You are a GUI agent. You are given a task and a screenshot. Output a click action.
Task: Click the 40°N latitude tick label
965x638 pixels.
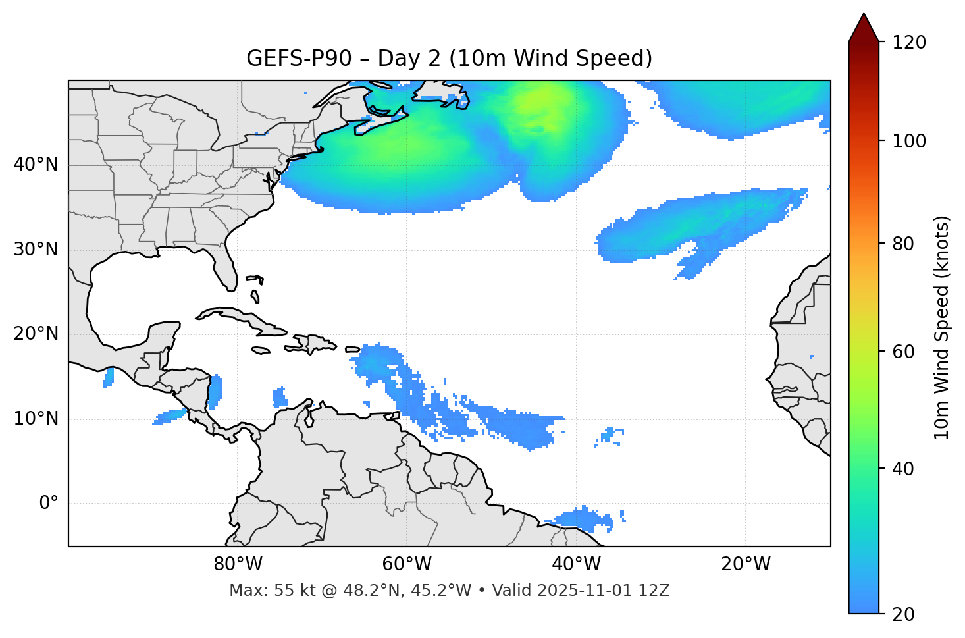[36, 165]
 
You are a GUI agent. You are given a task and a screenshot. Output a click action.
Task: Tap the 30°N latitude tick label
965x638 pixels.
[36, 250]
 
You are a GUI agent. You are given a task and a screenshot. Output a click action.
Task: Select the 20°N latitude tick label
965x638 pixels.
[36, 334]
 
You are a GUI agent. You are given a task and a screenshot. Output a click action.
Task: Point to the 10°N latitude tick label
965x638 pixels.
[36, 419]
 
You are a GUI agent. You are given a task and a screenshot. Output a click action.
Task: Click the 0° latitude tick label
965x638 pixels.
[48, 504]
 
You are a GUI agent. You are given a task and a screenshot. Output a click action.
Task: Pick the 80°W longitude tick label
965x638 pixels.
[238, 564]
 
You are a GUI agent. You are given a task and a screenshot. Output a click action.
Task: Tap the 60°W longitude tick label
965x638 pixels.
[407, 564]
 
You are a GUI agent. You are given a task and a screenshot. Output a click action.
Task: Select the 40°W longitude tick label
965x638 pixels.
[576, 564]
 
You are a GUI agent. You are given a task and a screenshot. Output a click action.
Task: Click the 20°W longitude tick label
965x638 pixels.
[745, 564]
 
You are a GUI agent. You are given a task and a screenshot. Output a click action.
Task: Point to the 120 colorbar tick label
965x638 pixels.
[908, 43]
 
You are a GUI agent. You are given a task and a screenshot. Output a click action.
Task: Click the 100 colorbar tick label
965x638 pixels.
[908, 141]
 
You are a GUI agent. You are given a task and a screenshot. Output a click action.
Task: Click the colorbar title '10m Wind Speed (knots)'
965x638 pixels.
[943, 328]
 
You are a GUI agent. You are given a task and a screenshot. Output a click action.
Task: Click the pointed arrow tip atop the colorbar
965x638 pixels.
[864, 15]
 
